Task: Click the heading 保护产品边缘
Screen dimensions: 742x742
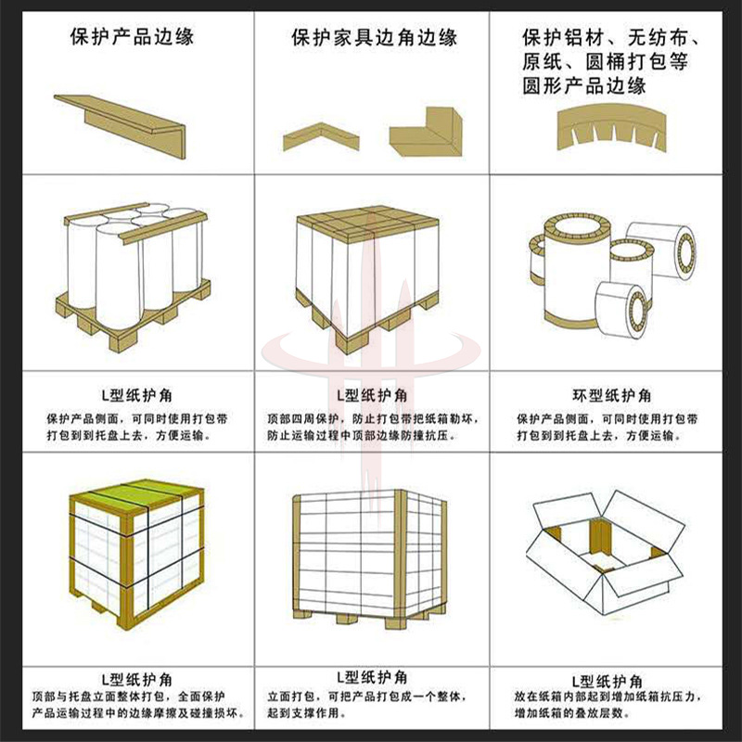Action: click(x=132, y=36)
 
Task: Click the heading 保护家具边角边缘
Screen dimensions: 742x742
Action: click(x=375, y=37)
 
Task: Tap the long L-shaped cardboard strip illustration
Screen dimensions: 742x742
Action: click(x=121, y=126)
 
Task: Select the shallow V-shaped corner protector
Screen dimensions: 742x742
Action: click(x=321, y=136)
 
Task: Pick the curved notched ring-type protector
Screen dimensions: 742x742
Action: click(x=611, y=124)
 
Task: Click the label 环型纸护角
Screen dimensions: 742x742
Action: click(x=611, y=395)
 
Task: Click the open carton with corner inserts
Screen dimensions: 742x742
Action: click(x=606, y=552)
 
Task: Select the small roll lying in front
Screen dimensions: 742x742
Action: click(x=621, y=310)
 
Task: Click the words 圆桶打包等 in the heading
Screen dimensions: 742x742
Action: click(x=637, y=62)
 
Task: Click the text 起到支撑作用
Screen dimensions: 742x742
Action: click(x=303, y=712)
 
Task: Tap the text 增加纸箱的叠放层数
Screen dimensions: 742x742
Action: click(x=573, y=712)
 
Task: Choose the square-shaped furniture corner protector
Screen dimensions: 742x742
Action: click(x=426, y=132)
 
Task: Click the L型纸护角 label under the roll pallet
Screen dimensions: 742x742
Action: click(x=137, y=395)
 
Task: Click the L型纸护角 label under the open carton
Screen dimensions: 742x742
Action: click(x=608, y=682)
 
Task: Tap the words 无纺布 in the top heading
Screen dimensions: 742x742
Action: click(x=659, y=37)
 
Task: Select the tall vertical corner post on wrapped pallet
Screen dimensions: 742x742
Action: click(x=401, y=558)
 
